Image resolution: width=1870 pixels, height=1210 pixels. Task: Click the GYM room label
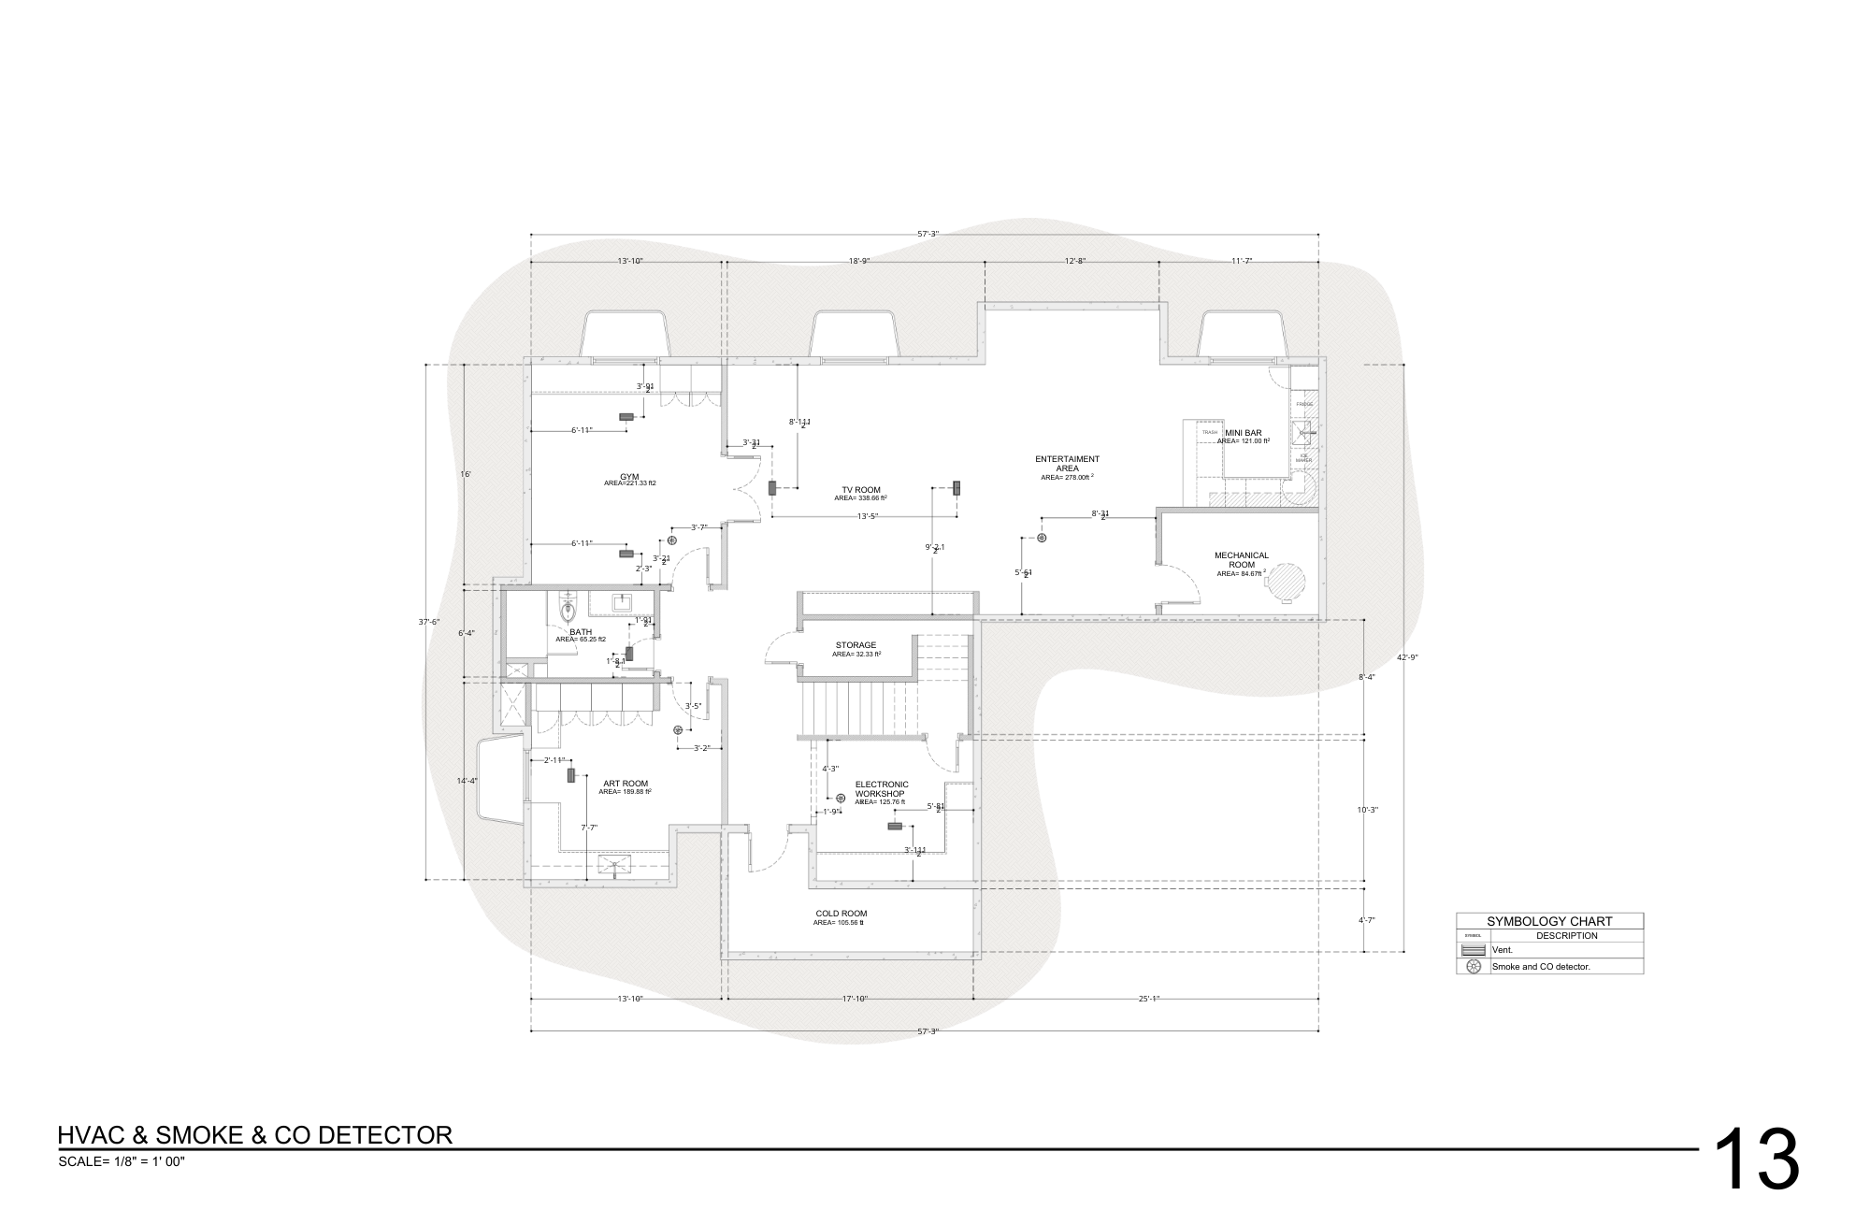click(629, 477)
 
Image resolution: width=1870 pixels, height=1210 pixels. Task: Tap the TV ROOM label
click(860, 490)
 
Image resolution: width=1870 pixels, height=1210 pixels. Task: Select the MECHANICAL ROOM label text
click(1241, 560)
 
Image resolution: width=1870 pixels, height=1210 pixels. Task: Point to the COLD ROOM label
click(841, 914)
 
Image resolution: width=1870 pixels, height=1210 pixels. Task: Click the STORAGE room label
click(856, 645)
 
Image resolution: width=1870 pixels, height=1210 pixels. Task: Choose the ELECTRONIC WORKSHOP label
click(881, 788)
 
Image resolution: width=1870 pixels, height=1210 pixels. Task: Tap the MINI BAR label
click(1243, 433)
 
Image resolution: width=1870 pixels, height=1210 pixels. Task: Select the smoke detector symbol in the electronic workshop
click(841, 798)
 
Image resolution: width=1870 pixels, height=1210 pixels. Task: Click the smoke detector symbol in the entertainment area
click(1042, 538)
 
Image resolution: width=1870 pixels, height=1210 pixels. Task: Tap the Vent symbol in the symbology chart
click(1474, 950)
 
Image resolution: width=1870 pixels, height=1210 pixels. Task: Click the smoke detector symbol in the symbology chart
click(1474, 967)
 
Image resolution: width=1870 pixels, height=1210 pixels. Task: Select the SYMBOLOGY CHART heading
click(1549, 921)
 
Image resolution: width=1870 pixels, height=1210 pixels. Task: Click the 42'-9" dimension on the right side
click(1407, 657)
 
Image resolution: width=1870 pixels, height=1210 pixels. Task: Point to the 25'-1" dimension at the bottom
click(1148, 999)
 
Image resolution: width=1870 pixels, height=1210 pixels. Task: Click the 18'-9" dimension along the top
click(859, 261)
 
